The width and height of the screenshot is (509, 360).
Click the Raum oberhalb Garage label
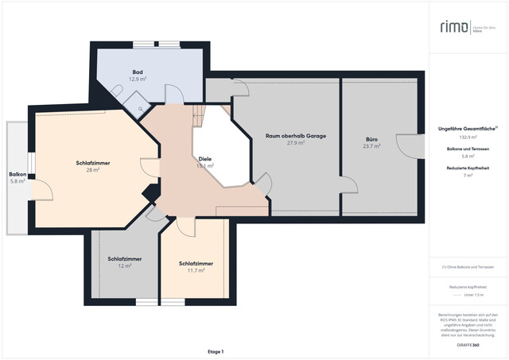[x=296, y=136]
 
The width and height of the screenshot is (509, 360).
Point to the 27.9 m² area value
[x=296, y=143]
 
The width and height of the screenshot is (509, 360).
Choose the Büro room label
[x=371, y=139]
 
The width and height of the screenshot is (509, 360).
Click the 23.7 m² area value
[x=371, y=146]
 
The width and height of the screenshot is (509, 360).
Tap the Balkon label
[x=17, y=174]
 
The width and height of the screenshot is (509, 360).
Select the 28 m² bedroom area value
[x=92, y=170]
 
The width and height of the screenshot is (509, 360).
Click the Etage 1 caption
[x=216, y=351]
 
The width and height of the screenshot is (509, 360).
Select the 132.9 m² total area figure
[x=468, y=137]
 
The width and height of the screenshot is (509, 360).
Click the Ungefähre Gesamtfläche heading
[x=468, y=128]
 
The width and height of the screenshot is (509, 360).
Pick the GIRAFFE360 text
[x=468, y=346]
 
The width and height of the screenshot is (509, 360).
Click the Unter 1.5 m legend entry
[x=474, y=294]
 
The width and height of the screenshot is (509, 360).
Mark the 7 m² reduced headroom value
[x=468, y=175]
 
